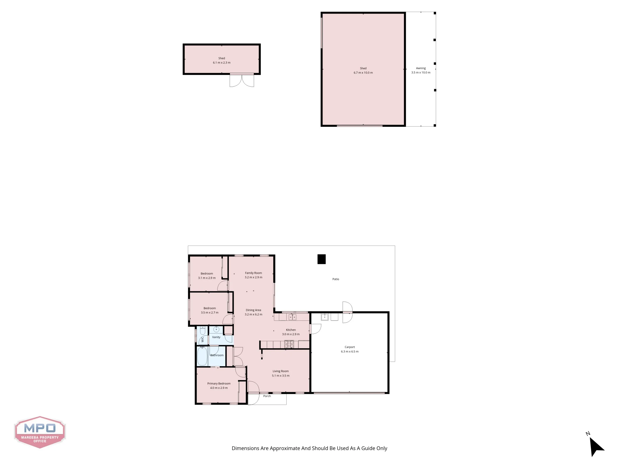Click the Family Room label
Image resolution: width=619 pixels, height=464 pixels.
[253, 273]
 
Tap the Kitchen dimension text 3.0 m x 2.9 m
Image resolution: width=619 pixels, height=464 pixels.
[291, 334]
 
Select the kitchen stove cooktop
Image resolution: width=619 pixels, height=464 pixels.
[289, 344]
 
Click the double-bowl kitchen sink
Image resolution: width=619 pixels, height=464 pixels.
[292, 317]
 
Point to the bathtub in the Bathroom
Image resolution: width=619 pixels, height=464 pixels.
[202, 356]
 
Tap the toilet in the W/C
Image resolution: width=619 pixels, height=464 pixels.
[202, 331]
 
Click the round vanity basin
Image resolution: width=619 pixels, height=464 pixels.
[216, 329]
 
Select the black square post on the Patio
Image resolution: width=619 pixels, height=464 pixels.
[322, 259]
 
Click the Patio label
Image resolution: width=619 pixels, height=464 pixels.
[336, 279]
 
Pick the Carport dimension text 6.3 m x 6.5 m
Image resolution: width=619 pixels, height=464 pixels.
[350, 351]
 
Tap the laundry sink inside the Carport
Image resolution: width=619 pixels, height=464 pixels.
[325, 317]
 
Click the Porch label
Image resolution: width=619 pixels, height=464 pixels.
[267, 396]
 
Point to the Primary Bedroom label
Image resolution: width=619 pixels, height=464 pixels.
[219, 383]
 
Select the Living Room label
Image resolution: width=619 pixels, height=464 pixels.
[281, 371]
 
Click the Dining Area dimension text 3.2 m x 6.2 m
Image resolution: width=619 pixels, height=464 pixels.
[253, 314]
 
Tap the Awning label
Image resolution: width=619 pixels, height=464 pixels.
[421, 68]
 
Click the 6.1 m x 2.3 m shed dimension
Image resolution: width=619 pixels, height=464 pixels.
[222, 62]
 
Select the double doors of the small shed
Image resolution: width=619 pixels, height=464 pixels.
[242, 80]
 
